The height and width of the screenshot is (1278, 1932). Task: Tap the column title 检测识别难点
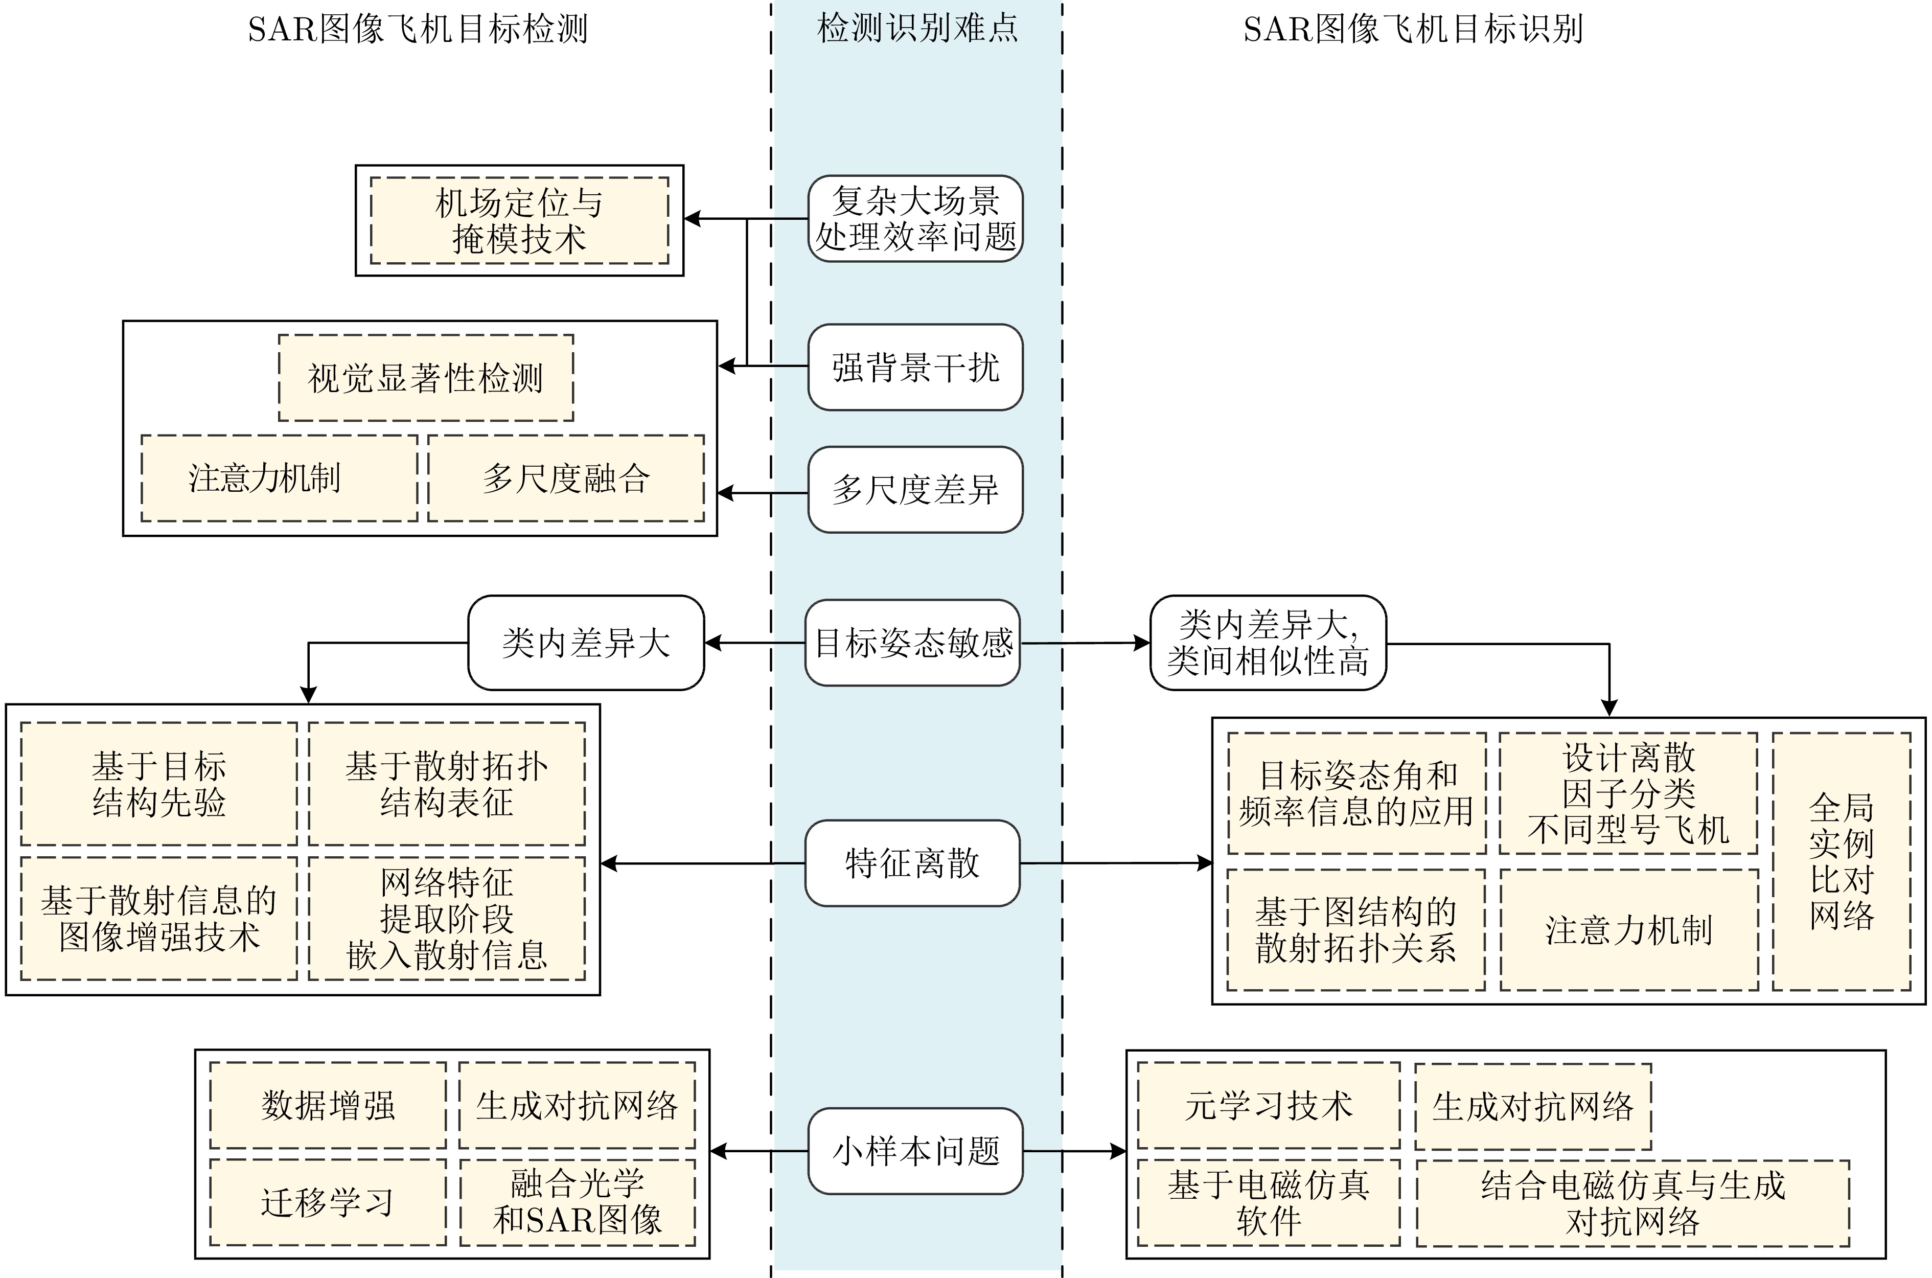917,29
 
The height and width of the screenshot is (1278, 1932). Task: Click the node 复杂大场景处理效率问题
915,218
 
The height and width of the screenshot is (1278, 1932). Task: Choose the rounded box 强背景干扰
915,367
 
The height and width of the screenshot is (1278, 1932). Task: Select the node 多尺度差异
915,490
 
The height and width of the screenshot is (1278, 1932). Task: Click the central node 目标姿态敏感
913,643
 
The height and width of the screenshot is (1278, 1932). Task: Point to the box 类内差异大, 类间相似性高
1268,643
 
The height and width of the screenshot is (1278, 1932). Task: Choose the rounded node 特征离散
913,863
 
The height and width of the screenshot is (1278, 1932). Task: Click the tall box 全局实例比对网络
1842,861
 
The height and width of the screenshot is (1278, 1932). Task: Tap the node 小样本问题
915,1151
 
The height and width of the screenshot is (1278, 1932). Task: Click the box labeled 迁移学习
328,1203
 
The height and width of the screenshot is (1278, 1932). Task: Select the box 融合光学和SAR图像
578,1203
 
